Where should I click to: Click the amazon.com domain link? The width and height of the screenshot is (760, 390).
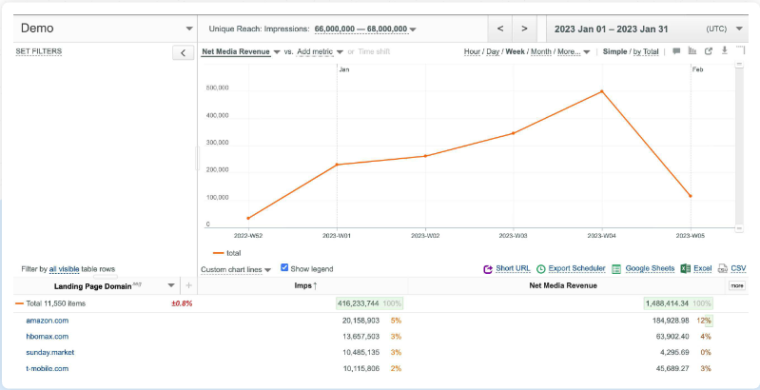(x=47, y=321)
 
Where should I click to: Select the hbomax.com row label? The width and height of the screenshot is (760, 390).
(x=47, y=337)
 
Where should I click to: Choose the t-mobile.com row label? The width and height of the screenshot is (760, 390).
(x=48, y=368)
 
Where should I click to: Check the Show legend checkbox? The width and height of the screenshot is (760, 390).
(x=284, y=268)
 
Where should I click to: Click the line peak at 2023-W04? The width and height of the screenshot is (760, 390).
(x=602, y=91)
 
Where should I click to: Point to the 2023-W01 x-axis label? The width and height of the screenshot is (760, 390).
(x=337, y=234)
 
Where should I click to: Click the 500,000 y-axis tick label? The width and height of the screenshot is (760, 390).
(x=218, y=88)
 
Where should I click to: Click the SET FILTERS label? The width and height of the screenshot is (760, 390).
(x=39, y=50)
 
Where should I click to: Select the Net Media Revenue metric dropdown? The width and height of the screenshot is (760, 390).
(x=241, y=51)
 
